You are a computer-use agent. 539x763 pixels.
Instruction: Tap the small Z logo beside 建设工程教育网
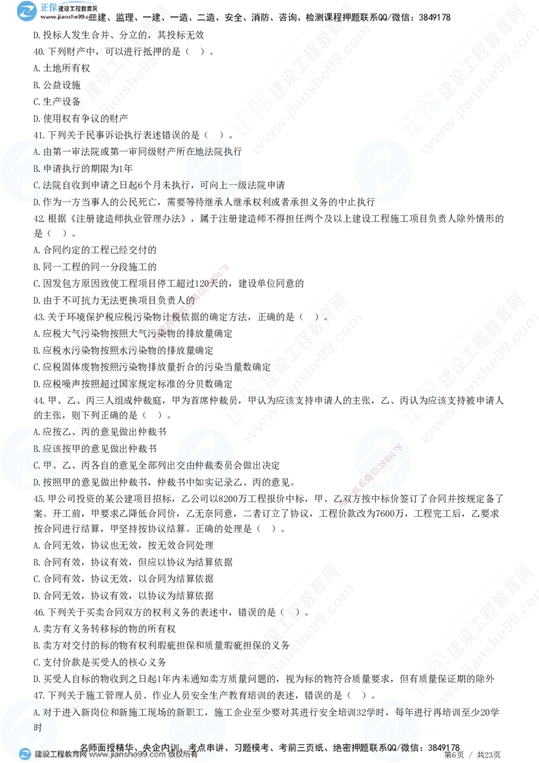coord(25,754)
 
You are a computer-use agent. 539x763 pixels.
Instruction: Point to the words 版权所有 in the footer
coord(183,755)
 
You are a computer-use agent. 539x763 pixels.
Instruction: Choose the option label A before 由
coord(36,152)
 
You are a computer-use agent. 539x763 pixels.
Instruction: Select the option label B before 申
coord(36,169)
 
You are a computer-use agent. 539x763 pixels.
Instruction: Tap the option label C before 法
coord(36,185)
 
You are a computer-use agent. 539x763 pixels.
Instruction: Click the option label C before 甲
coord(36,465)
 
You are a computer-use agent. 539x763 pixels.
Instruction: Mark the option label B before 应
coord(36,448)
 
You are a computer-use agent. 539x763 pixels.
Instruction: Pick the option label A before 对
coord(36,711)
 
